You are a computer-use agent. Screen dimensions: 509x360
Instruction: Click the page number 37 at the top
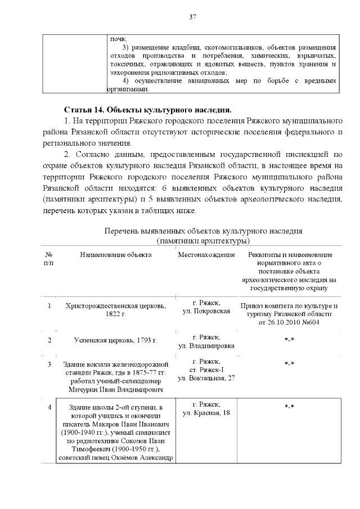[192, 17]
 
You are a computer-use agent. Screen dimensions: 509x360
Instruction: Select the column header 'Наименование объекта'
[115, 255]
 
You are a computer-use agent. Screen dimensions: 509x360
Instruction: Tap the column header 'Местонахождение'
[206, 255]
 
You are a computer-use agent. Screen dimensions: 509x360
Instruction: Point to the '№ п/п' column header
[49, 259]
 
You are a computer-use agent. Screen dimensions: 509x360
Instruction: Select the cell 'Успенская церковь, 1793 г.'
[115, 340]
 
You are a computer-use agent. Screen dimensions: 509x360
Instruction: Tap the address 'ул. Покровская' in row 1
[206, 312]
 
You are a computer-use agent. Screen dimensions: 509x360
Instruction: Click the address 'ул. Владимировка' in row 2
[206, 346]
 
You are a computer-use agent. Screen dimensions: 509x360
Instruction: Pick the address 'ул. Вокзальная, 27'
[206, 379]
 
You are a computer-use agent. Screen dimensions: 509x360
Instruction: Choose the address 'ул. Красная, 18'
[206, 413]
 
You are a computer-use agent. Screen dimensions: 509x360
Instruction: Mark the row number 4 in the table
[49, 407]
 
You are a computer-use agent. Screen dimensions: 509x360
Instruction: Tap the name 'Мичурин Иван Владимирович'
[115, 389]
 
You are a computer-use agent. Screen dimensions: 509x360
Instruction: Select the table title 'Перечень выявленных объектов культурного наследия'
[204, 231]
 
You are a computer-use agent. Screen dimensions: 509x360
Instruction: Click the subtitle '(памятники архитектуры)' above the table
[204, 241]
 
